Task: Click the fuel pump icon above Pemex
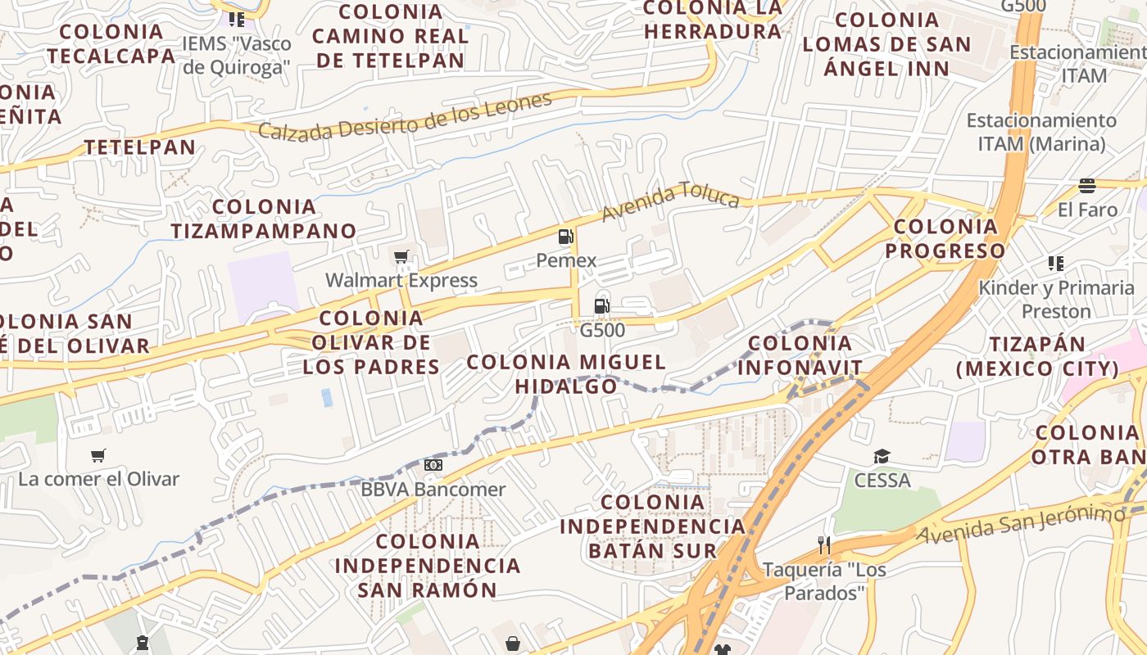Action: click(565, 237)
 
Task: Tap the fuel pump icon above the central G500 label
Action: click(601, 307)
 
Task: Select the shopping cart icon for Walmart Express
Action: click(401, 257)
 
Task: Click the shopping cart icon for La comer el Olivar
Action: click(98, 455)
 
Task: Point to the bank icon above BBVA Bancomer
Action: click(433, 466)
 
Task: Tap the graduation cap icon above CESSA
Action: click(882, 456)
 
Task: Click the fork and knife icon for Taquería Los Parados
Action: click(824, 544)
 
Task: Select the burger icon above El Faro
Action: click(1087, 186)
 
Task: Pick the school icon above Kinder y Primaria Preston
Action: click(1056, 264)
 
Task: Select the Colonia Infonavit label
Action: click(800, 356)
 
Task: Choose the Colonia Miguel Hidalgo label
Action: click(566, 373)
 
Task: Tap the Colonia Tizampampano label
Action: click(264, 219)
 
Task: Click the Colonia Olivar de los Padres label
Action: click(372, 342)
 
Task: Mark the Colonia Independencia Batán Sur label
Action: click(653, 526)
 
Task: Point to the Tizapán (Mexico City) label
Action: click(1037, 356)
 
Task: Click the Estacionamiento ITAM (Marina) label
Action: click(1040, 132)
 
